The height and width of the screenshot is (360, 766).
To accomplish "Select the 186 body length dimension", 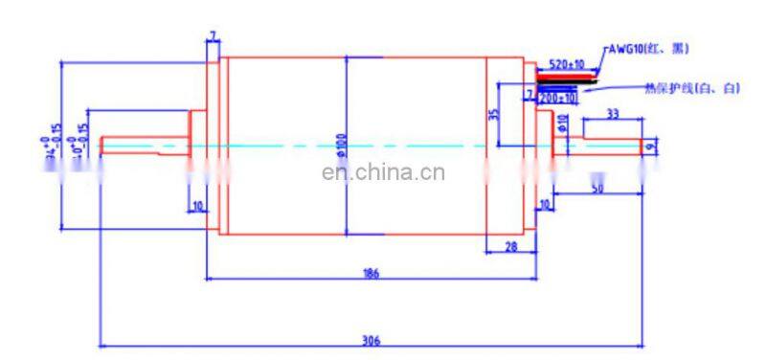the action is pos(372,273).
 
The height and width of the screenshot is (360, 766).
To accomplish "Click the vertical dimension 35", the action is pos(493,114).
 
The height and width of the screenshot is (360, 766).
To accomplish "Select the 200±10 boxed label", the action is pos(558,98).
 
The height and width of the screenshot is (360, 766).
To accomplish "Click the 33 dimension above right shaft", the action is pos(613,114).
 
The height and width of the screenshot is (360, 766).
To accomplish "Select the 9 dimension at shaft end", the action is pos(650,146).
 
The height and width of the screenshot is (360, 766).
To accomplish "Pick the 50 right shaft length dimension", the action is pos(597,190).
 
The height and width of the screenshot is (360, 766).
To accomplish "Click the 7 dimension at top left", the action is pos(213,36).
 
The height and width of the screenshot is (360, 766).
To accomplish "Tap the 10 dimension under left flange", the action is pos(197,205).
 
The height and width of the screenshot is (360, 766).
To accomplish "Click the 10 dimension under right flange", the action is pos(545,205).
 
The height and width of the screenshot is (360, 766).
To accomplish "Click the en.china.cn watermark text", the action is pos(383,173).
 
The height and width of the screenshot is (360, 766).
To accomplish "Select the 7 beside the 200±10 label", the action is pos(529,94).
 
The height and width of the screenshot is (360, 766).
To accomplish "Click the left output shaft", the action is pos(144,146).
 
